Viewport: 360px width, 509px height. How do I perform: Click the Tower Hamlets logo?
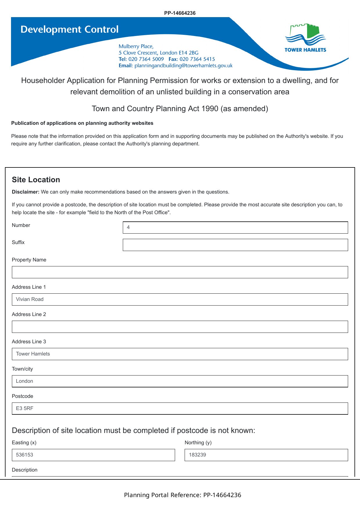(305, 38)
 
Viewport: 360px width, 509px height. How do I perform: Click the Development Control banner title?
(69, 29)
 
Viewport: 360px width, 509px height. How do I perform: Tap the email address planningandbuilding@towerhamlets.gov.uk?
(183, 66)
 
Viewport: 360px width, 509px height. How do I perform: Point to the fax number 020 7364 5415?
(197, 59)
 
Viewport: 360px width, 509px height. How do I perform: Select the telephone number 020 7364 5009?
(146, 59)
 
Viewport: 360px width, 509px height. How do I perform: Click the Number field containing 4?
(235, 228)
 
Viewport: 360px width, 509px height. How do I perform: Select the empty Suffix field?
(235, 245)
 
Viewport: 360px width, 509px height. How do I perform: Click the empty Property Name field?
(180, 272)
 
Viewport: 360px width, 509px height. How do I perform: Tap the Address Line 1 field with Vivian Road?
(180, 299)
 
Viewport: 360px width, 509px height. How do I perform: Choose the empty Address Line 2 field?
(180, 327)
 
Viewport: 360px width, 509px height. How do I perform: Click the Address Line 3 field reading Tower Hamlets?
(180, 354)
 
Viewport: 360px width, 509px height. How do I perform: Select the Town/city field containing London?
(180, 381)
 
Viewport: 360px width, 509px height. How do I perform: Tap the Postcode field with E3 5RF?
(180, 409)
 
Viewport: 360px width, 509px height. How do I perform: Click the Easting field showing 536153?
(93, 455)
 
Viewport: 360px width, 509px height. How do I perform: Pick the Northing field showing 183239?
(266, 455)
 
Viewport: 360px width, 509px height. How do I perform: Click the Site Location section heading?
(36, 180)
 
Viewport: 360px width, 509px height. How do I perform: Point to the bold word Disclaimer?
(26, 192)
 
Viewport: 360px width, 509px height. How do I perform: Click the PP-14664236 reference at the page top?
(180, 13)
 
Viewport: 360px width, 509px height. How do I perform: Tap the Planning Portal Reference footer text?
(182, 495)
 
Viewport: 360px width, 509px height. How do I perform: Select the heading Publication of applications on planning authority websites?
(82, 123)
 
